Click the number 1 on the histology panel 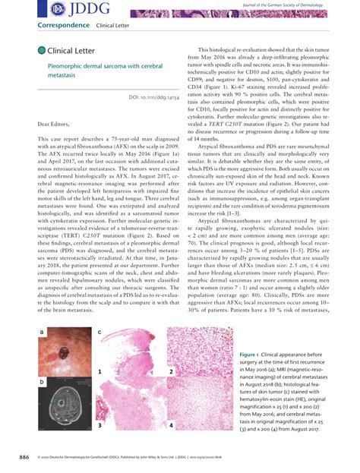[99, 372]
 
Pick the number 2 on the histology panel [171, 372]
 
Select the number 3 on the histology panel [99, 427]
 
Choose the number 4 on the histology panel [171, 427]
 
